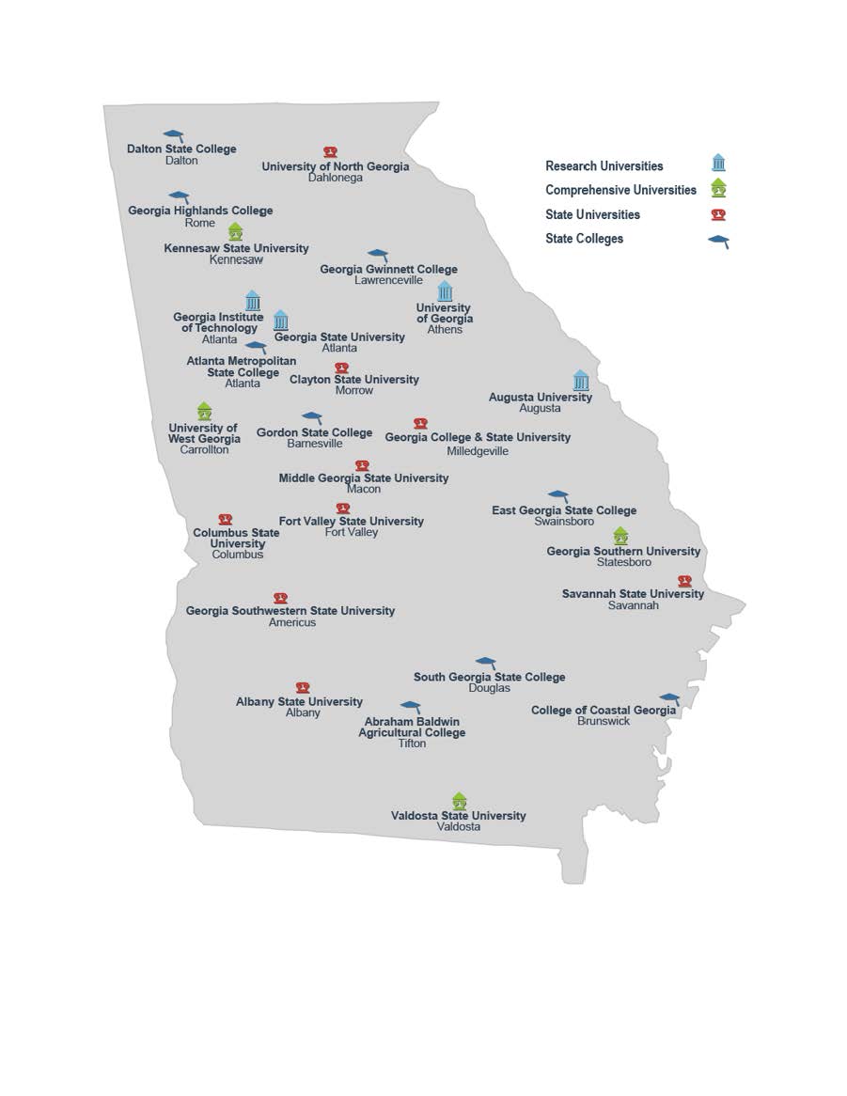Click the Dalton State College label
(181, 149)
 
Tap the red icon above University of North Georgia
(330, 152)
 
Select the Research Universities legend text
(604, 166)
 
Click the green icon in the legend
(718, 188)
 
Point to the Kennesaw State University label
(236, 248)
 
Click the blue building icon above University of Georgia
(445, 290)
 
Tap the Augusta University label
(541, 397)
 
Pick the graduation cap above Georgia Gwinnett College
(378, 255)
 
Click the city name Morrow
(354, 390)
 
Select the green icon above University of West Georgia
(205, 411)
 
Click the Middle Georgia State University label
(364, 478)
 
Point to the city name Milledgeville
(478, 450)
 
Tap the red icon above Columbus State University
(226, 520)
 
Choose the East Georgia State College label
(564, 510)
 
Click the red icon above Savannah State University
(684, 581)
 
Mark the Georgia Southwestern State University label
(290, 611)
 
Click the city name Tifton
(412, 744)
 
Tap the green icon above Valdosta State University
(459, 800)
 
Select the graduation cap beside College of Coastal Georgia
(669, 699)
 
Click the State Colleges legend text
(584, 239)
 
